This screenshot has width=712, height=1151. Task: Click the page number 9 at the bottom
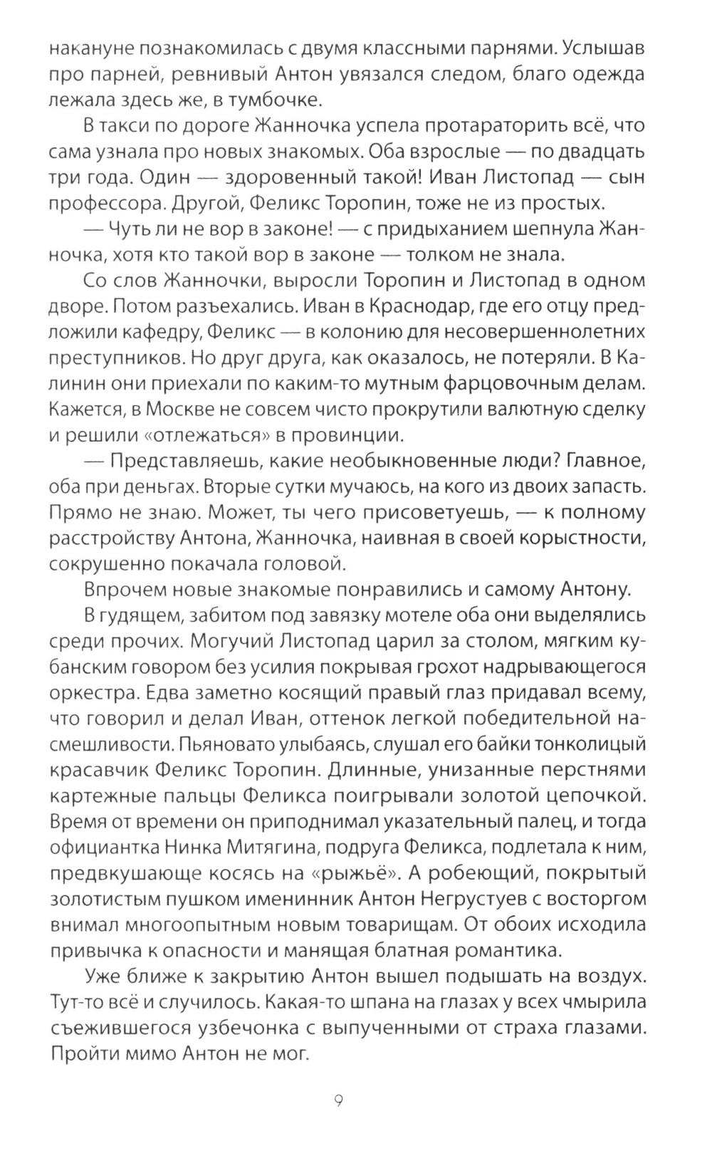(x=339, y=1102)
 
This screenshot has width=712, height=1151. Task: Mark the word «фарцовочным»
(x=494, y=383)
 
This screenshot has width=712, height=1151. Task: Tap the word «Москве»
(x=202, y=410)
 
